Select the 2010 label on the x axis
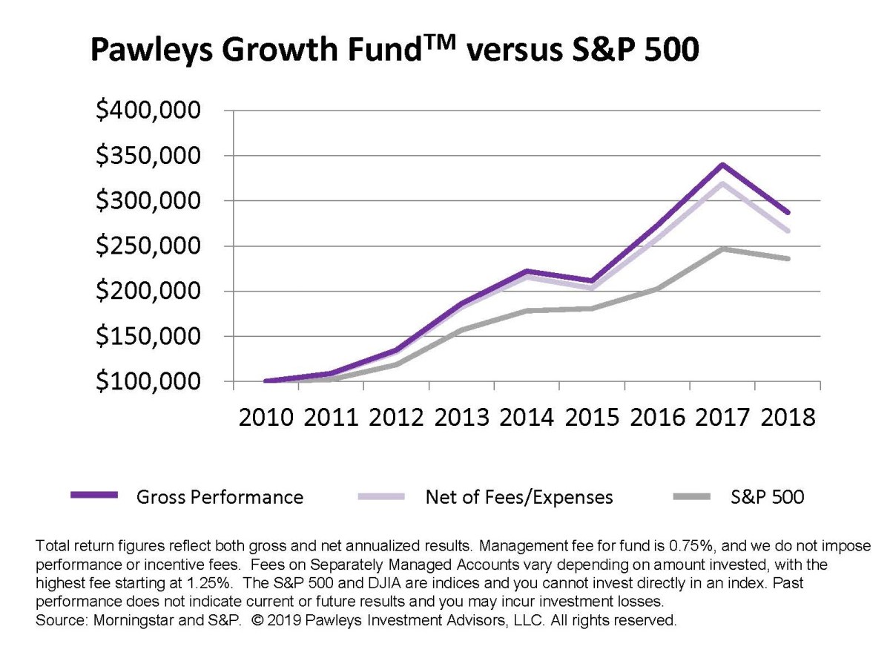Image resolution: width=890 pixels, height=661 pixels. click(x=266, y=417)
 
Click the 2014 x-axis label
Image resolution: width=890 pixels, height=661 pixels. click(x=527, y=417)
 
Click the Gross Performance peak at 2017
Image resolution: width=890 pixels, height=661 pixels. click(x=722, y=165)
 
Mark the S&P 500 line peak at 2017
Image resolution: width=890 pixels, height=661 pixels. click(x=722, y=249)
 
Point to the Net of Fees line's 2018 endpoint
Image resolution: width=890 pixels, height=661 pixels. click(x=788, y=231)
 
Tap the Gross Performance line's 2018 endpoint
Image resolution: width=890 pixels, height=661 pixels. click(x=788, y=212)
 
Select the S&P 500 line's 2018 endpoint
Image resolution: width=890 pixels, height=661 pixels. click(x=788, y=259)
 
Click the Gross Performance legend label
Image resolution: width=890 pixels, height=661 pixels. click(x=220, y=497)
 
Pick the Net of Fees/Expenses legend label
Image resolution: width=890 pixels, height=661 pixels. click(x=519, y=497)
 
